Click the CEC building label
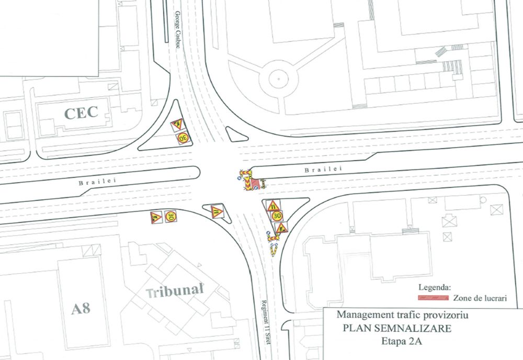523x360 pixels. tap(81, 113)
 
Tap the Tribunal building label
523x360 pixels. tap(174, 291)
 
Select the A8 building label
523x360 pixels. tap(81, 308)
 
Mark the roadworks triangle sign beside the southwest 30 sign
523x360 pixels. tap(155, 217)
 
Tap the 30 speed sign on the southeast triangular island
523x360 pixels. tap(277, 215)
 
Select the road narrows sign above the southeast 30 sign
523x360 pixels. tap(273, 205)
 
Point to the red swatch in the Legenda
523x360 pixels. tap(433, 298)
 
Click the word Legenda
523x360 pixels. tap(434, 287)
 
